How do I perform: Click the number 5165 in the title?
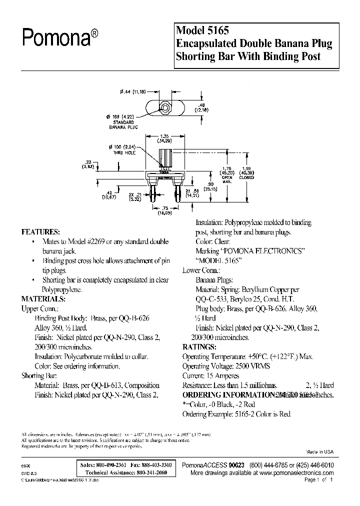click(218, 30)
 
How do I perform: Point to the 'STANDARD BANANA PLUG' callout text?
click(121, 124)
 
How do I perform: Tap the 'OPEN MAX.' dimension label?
click(227, 179)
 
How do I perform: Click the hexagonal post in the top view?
click(164, 107)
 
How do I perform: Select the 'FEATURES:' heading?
click(40, 232)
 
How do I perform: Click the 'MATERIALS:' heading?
click(43, 299)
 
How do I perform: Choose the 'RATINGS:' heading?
click(199, 347)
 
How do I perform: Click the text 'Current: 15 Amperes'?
click(214, 375)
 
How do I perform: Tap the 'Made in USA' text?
click(319, 451)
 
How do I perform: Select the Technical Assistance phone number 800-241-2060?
click(157, 472)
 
